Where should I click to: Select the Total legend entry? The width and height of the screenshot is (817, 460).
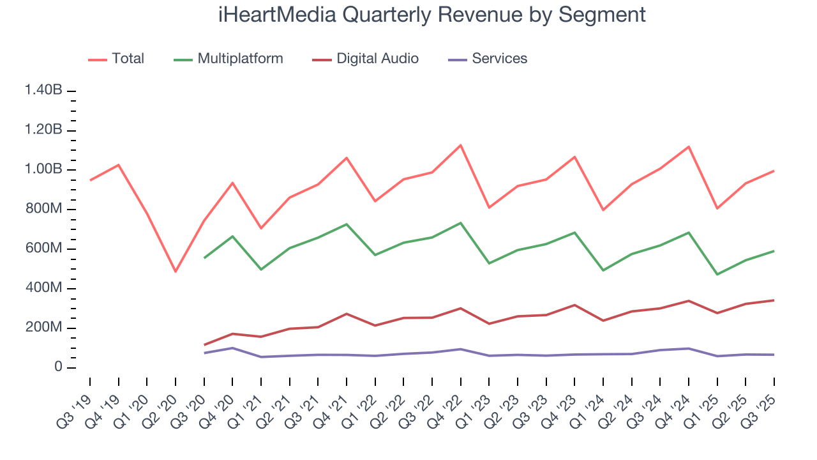[x=128, y=59]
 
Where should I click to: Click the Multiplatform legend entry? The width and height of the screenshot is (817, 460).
[x=240, y=59]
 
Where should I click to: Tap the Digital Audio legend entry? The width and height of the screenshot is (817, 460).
[x=377, y=59]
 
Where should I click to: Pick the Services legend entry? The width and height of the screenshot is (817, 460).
[x=499, y=59]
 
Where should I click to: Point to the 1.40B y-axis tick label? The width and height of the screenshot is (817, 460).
[x=43, y=91]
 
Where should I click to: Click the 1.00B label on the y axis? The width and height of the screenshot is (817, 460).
[x=43, y=170]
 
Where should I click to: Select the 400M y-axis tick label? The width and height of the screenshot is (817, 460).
[x=43, y=288]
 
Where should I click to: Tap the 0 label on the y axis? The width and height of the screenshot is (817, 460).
[x=57, y=367]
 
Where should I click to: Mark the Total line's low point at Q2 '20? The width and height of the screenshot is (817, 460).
[x=176, y=272]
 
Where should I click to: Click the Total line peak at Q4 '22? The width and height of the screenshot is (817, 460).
[x=460, y=145]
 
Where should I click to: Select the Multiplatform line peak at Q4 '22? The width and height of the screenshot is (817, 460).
[x=460, y=223]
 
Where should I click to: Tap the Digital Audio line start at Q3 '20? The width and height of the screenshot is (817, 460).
[x=204, y=345]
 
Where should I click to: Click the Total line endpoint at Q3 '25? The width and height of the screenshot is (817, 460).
[x=774, y=171]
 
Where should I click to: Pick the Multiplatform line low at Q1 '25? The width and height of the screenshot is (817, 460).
[x=717, y=274]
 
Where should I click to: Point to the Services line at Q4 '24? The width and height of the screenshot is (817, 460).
[x=689, y=348]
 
